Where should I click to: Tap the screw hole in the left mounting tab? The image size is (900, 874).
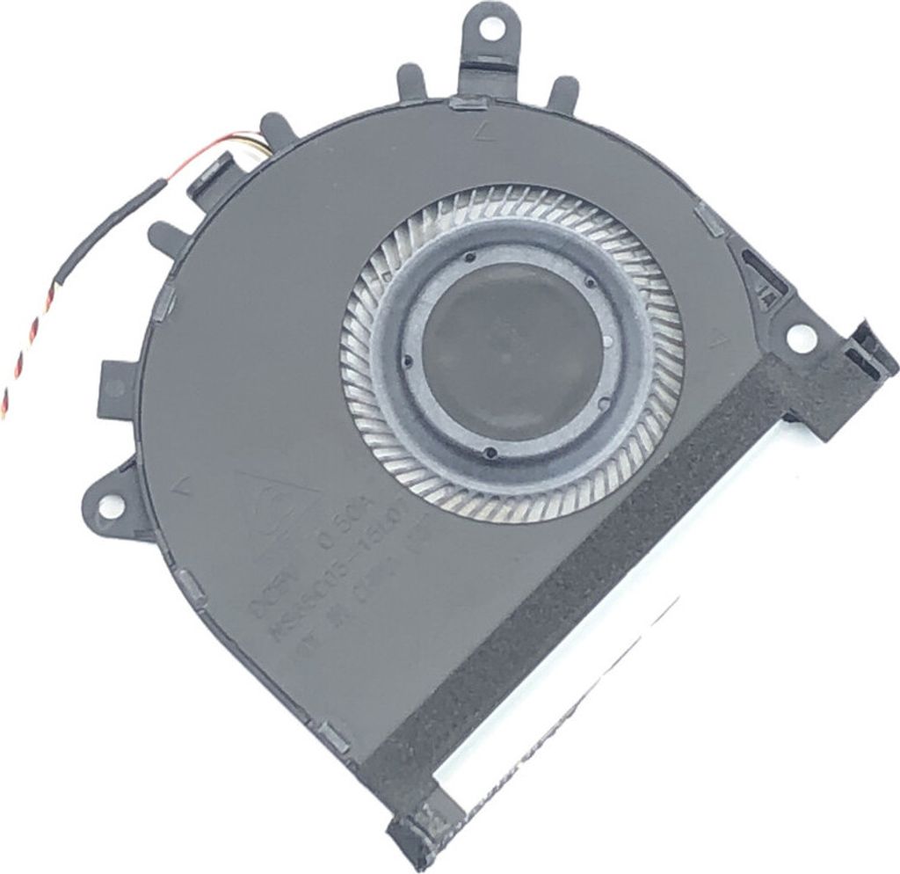[x=111, y=506]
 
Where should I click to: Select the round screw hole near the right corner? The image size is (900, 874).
[x=802, y=337]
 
